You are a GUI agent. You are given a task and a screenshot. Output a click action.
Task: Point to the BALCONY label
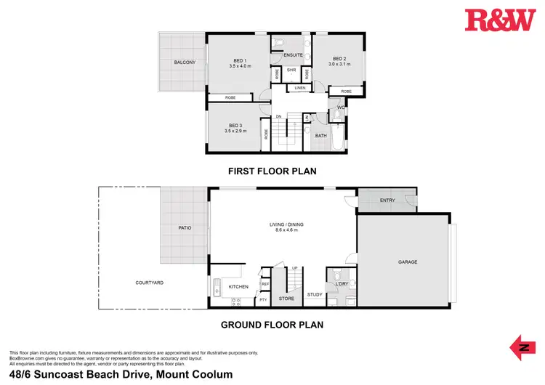[x=184, y=62]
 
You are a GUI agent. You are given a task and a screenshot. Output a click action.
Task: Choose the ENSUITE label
[x=294, y=55]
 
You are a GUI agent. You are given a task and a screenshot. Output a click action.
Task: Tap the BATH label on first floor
[x=321, y=136]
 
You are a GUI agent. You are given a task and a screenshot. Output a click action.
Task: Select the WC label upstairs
[x=339, y=108]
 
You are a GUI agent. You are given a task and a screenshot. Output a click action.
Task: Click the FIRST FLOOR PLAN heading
[x=272, y=171]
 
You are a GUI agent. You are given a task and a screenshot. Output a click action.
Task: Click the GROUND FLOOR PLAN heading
[x=272, y=325]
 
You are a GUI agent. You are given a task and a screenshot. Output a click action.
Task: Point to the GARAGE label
[x=407, y=262]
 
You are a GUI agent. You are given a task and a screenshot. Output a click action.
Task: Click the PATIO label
[x=185, y=228]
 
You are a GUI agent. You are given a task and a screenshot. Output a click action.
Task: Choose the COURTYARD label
[x=149, y=283]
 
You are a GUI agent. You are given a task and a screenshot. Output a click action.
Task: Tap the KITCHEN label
[x=238, y=287]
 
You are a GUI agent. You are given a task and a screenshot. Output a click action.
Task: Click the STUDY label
[x=314, y=294]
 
